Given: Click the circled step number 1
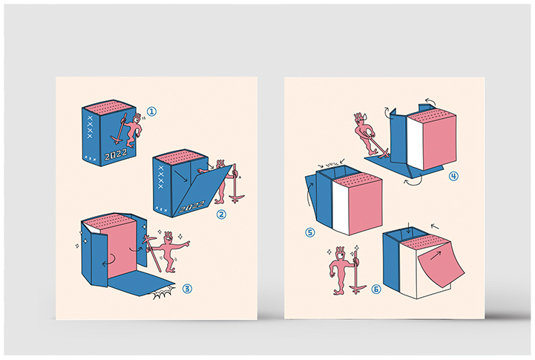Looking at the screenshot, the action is [x=151, y=111].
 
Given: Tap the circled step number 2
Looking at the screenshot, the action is [x=221, y=214].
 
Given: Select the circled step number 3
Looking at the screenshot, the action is [x=187, y=289].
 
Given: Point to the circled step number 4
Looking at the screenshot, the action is [x=453, y=176].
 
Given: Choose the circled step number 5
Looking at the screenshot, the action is [x=310, y=232].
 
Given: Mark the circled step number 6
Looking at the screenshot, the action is [x=375, y=289].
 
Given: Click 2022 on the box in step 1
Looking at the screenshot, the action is [x=116, y=154].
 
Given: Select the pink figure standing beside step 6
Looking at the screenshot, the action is [x=341, y=271].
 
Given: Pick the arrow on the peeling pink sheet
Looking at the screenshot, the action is [x=436, y=255].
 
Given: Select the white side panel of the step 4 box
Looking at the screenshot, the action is [x=416, y=143].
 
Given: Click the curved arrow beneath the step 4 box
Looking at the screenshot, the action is [x=413, y=182].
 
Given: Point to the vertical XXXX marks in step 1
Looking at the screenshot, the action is [x=90, y=127].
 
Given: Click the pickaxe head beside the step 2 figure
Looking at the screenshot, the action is [x=236, y=197].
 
